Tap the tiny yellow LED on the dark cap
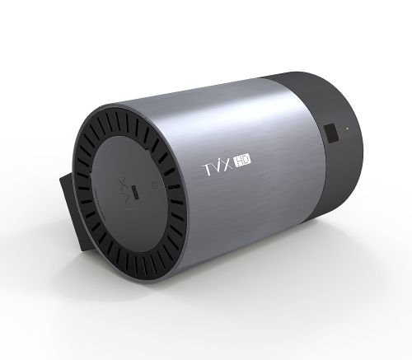click(x=347, y=128)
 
